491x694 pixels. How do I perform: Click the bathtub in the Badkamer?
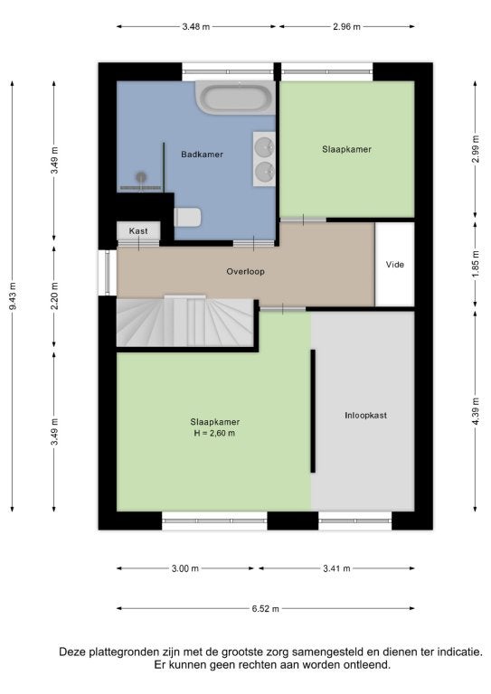click(235, 98)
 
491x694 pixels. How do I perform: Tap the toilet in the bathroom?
click(188, 217)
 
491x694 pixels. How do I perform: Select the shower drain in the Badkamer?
click(141, 177)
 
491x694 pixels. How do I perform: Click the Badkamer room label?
click(202, 155)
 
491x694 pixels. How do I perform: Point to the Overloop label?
click(245, 272)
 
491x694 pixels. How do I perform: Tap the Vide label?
click(395, 265)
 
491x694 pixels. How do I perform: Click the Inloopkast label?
click(365, 416)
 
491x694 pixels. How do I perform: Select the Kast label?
click(138, 231)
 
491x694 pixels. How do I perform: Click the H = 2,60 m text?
click(214, 434)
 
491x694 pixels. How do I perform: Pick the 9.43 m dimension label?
click(13, 295)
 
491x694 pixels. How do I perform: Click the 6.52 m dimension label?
click(266, 608)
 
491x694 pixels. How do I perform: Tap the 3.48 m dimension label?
click(196, 26)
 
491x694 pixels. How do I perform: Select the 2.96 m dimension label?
click(346, 26)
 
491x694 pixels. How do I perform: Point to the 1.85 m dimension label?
click(476, 264)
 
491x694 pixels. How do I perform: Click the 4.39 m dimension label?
click(476, 411)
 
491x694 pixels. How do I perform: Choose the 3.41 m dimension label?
click(336, 568)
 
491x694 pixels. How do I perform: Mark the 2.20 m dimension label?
click(54, 295)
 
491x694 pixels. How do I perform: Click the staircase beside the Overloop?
click(184, 322)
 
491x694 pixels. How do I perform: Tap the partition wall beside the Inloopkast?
click(313, 411)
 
